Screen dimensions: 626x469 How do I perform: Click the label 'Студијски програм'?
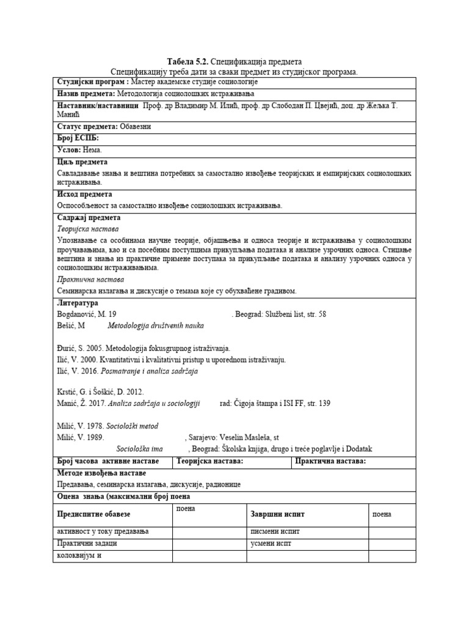tap(92, 82)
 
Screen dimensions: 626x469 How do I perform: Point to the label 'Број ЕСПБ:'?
tap(78, 138)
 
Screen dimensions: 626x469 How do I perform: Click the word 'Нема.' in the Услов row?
tap(92, 150)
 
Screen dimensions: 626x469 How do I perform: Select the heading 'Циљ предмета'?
tap(82, 162)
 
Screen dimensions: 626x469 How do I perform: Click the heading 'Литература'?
tap(77, 303)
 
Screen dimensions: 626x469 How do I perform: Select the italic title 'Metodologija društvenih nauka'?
tap(156, 325)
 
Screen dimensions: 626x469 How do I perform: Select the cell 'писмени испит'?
tap(275, 531)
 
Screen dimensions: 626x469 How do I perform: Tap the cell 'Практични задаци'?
tap(86, 543)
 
